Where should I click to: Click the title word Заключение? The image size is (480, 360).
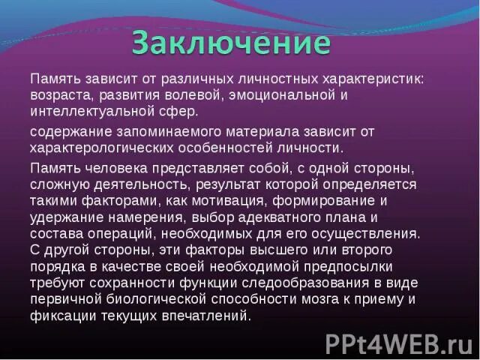click(x=231, y=42)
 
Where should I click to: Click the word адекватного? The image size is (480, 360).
click(x=259, y=217)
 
